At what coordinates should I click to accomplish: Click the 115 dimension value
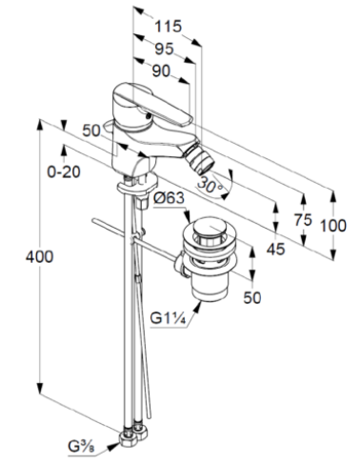click(x=168, y=26)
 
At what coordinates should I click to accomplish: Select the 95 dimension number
click(x=164, y=49)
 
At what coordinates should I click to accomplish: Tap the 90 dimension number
click(x=161, y=71)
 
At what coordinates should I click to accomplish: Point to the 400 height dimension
click(x=39, y=256)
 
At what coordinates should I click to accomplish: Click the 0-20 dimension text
click(x=64, y=171)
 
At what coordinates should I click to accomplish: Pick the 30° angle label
click(x=210, y=185)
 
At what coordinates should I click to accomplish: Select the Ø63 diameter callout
click(x=169, y=198)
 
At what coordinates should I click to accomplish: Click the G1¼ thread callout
click(x=168, y=318)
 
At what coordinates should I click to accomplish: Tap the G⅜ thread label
click(x=81, y=447)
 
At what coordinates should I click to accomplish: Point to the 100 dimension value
click(x=332, y=226)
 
